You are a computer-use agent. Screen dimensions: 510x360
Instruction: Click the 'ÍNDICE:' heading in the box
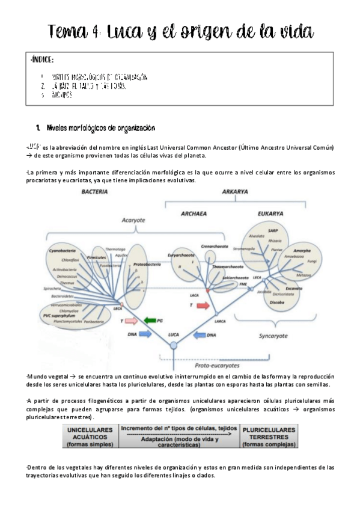[x=41, y=60]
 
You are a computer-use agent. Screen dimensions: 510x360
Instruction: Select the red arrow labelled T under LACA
[x=203, y=306]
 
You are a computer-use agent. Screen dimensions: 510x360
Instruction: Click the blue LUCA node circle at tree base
[x=174, y=345]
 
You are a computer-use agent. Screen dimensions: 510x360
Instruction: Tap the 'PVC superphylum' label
[x=54, y=315]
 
